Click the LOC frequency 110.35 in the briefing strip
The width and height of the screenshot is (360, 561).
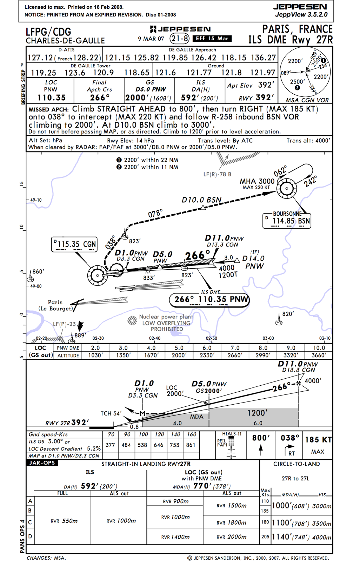52,97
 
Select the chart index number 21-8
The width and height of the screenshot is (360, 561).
179,39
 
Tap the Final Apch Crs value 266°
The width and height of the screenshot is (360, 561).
100,97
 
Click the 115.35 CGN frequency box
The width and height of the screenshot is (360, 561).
74,244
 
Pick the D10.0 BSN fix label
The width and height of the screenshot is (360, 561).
201,200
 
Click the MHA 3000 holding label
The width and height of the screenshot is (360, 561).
257,181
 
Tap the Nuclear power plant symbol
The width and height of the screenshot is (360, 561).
132,320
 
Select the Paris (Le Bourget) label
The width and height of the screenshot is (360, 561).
55,305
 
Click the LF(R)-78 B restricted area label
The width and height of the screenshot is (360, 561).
217,174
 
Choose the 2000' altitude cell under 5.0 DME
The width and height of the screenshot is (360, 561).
179,355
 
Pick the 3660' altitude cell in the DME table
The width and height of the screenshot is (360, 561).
319,355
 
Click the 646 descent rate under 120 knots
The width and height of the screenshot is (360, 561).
159,445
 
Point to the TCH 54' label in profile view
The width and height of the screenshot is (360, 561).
111,413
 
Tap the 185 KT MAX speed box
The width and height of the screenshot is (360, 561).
318,445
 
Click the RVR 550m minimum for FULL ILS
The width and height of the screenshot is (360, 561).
64,521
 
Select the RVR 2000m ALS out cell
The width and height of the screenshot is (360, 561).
232,537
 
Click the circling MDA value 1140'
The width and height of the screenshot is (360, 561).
283,536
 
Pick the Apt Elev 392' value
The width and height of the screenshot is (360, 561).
266,85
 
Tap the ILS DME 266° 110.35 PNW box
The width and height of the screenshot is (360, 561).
209,299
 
